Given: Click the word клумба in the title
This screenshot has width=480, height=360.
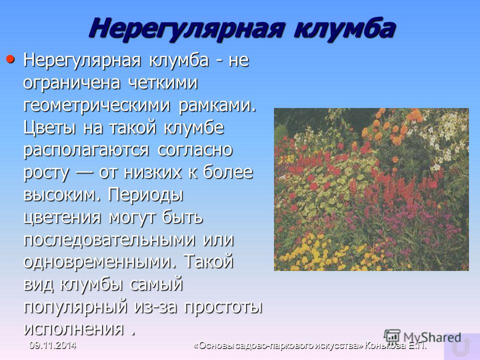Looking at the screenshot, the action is pyautogui.click(x=344, y=28).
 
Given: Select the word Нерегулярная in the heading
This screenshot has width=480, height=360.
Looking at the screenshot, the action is pyautogui.click(x=185, y=28).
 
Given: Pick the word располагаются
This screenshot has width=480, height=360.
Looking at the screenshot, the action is pyautogui.click(x=86, y=150).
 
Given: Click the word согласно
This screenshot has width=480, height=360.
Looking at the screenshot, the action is pyautogui.click(x=195, y=150).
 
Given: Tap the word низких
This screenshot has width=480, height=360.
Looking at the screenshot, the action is pyautogui.click(x=152, y=172).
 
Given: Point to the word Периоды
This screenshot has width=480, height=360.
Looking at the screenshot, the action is pyautogui.click(x=145, y=195).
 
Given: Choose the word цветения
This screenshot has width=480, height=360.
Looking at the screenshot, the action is pyautogui.click(x=62, y=218).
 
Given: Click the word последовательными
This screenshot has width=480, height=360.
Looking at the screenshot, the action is pyautogui.click(x=109, y=240).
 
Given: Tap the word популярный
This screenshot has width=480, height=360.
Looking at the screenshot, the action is pyautogui.click(x=75, y=307).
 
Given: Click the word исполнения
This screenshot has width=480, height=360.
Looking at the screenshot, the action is pyautogui.click(x=74, y=329).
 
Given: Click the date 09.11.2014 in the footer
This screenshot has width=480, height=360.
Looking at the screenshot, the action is pyautogui.click(x=52, y=345).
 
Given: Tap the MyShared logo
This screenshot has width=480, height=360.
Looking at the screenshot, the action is pyautogui.click(x=422, y=337).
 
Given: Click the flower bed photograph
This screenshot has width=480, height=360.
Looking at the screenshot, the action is pyautogui.click(x=371, y=189).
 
